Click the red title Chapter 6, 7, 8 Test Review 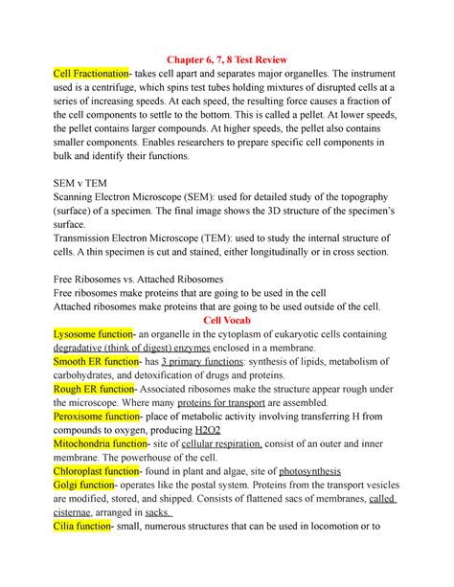pos(226,55)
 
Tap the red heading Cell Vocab pos(226,320)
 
